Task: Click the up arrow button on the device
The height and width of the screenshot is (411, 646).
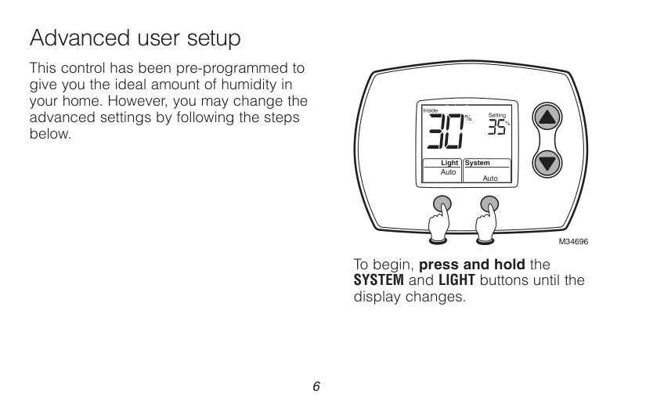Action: click(547, 117)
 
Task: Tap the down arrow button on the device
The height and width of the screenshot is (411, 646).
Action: click(547, 163)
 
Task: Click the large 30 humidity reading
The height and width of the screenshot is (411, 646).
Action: click(446, 131)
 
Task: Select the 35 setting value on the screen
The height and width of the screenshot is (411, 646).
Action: click(497, 128)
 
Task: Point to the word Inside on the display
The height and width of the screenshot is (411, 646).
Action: click(431, 110)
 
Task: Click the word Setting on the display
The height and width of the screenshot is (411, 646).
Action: click(497, 115)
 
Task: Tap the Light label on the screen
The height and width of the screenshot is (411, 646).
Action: click(449, 163)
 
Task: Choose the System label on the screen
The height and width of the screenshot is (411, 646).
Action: click(477, 163)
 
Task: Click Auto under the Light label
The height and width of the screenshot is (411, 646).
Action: click(448, 172)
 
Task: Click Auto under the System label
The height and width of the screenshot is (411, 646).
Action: click(490, 178)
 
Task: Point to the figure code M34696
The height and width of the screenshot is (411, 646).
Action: click(573, 242)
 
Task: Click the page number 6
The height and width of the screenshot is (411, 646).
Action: click(316, 386)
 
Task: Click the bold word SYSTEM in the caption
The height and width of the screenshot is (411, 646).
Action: click(379, 280)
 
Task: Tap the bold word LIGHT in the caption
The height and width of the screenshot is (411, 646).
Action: click(457, 280)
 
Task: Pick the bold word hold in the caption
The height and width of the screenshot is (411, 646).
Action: click(510, 264)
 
